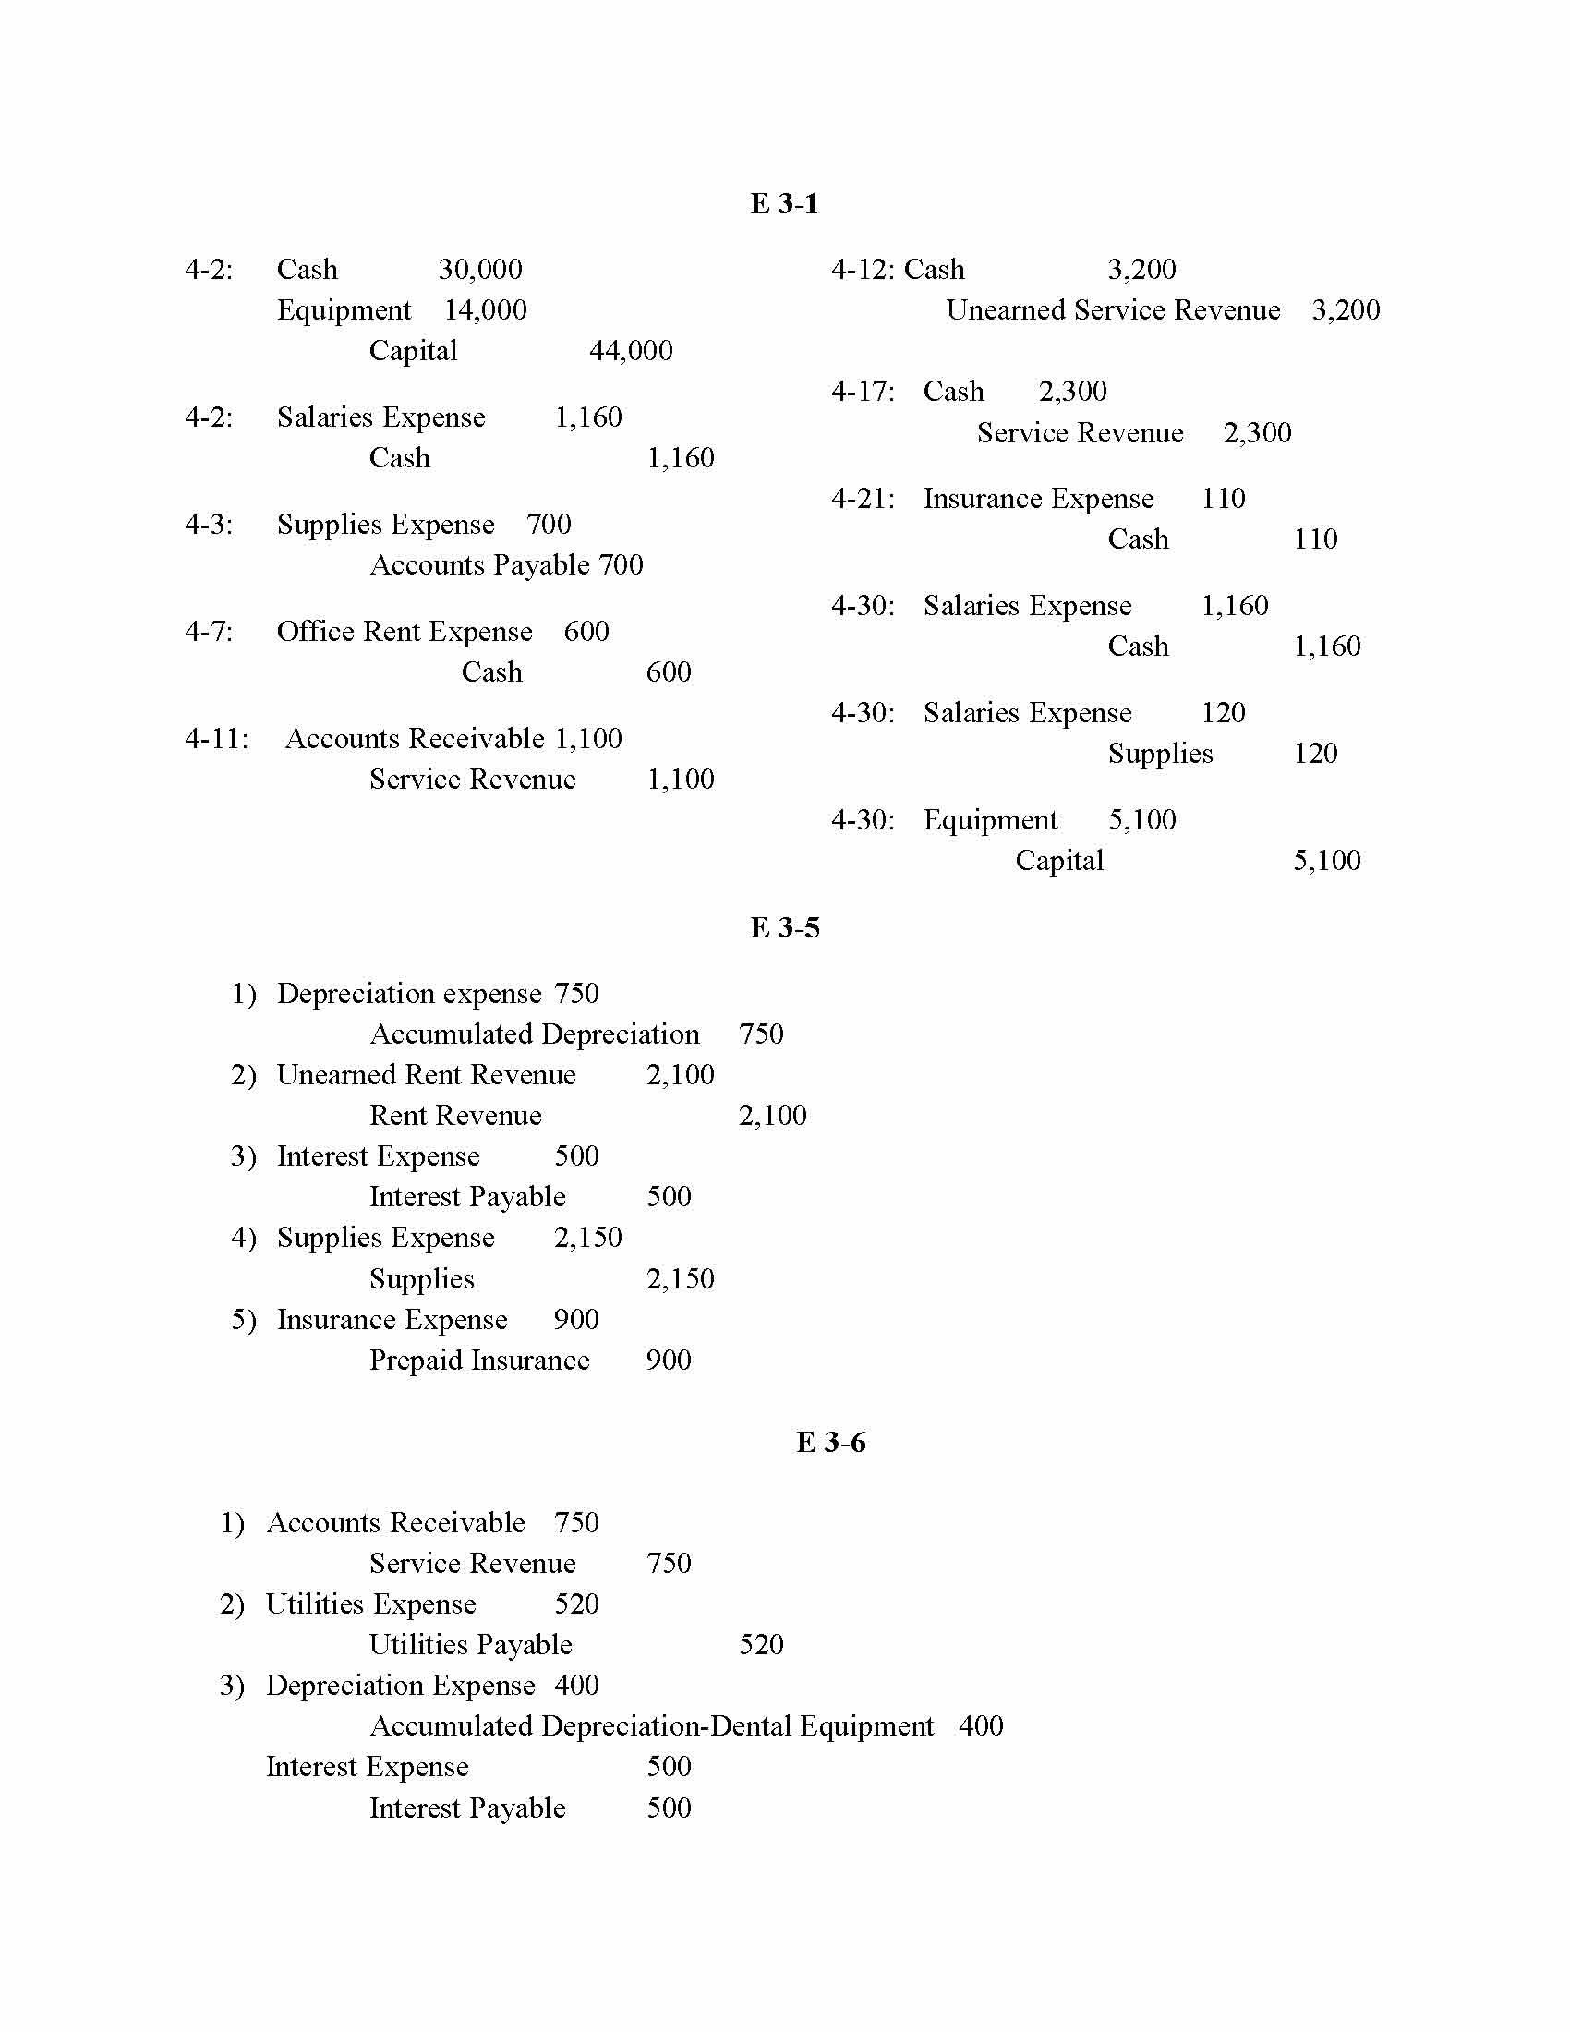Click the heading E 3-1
click(784, 204)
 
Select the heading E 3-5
click(784, 927)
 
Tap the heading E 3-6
click(830, 1442)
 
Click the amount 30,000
click(480, 270)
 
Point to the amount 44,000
click(631, 351)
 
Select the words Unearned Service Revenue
click(1113, 309)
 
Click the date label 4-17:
click(863, 392)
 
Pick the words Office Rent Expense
click(405, 632)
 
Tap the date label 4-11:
click(217, 739)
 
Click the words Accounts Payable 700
click(506, 564)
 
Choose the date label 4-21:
click(863, 499)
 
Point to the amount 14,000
click(485, 309)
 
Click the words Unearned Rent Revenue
click(426, 1074)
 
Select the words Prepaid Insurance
click(479, 1361)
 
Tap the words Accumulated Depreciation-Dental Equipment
click(651, 1726)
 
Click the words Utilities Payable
click(470, 1644)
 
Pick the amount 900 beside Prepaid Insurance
click(668, 1361)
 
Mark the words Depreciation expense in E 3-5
click(408, 994)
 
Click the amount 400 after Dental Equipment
click(980, 1726)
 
